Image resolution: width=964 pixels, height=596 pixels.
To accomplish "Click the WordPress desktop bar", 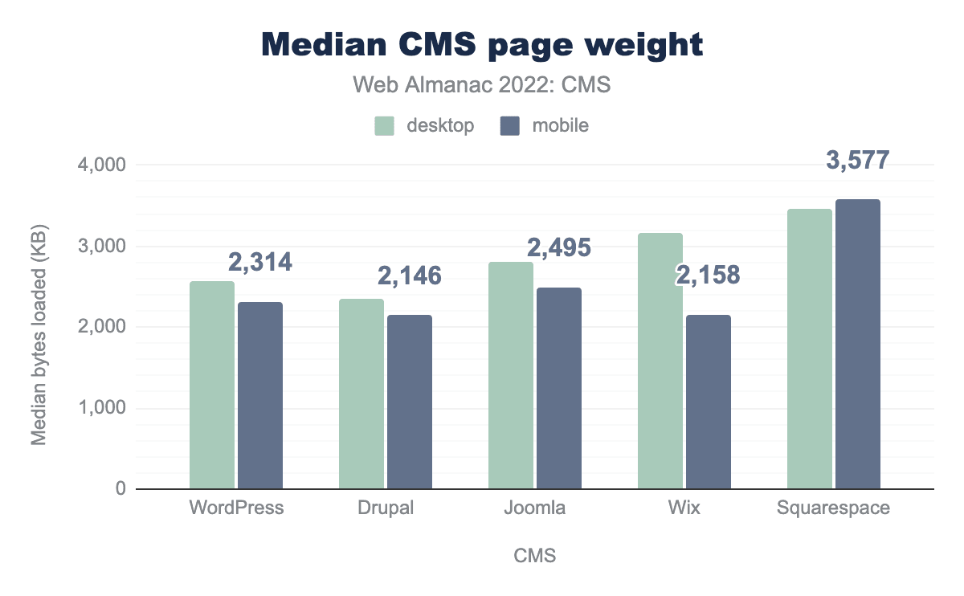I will point(212,385).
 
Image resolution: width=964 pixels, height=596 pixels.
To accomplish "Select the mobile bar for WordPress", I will point(260,395).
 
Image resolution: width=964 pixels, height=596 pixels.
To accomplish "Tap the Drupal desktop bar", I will point(361,394).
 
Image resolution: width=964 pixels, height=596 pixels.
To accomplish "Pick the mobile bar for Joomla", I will point(559,388).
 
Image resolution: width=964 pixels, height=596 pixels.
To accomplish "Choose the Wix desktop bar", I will point(660,361).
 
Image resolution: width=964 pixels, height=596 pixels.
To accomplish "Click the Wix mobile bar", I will point(709,402).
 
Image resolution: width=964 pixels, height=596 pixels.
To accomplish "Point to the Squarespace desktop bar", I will point(810,349).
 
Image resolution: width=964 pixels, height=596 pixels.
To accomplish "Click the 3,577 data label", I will point(858,161).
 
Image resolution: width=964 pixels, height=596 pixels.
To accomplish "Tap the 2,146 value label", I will point(410,276).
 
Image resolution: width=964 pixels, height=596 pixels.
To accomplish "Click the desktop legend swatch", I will point(384,126).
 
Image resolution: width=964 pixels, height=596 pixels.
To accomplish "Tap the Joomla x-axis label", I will point(535,508).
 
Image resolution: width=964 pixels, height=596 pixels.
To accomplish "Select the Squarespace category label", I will point(834,508).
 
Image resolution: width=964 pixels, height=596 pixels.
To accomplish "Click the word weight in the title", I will point(635,45).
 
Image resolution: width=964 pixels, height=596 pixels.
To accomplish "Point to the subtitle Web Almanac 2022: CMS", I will point(482,84).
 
